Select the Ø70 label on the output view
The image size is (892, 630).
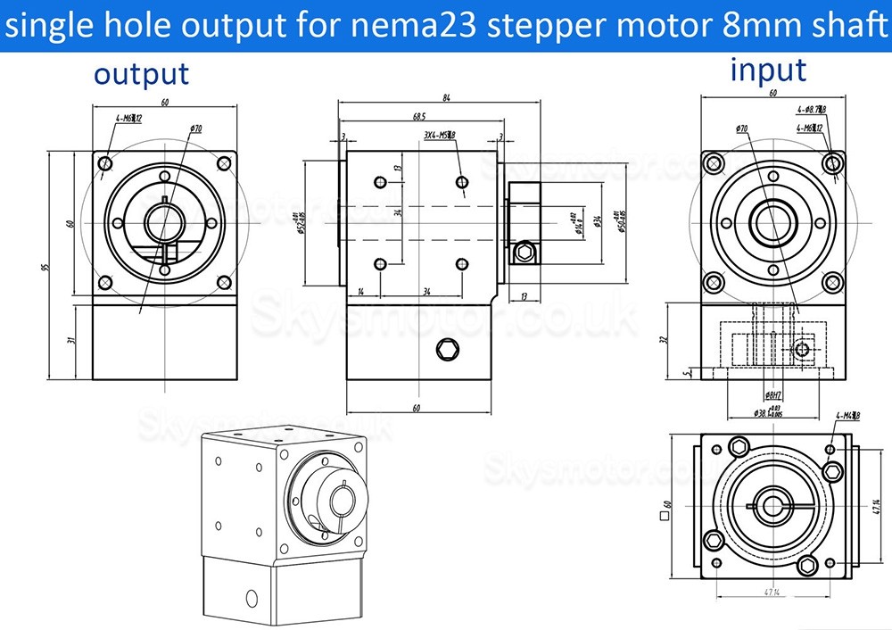(195, 128)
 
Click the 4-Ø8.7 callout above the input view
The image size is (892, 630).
(811, 110)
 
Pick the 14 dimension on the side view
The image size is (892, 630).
(360, 291)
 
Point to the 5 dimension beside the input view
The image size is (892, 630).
(683, 374)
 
